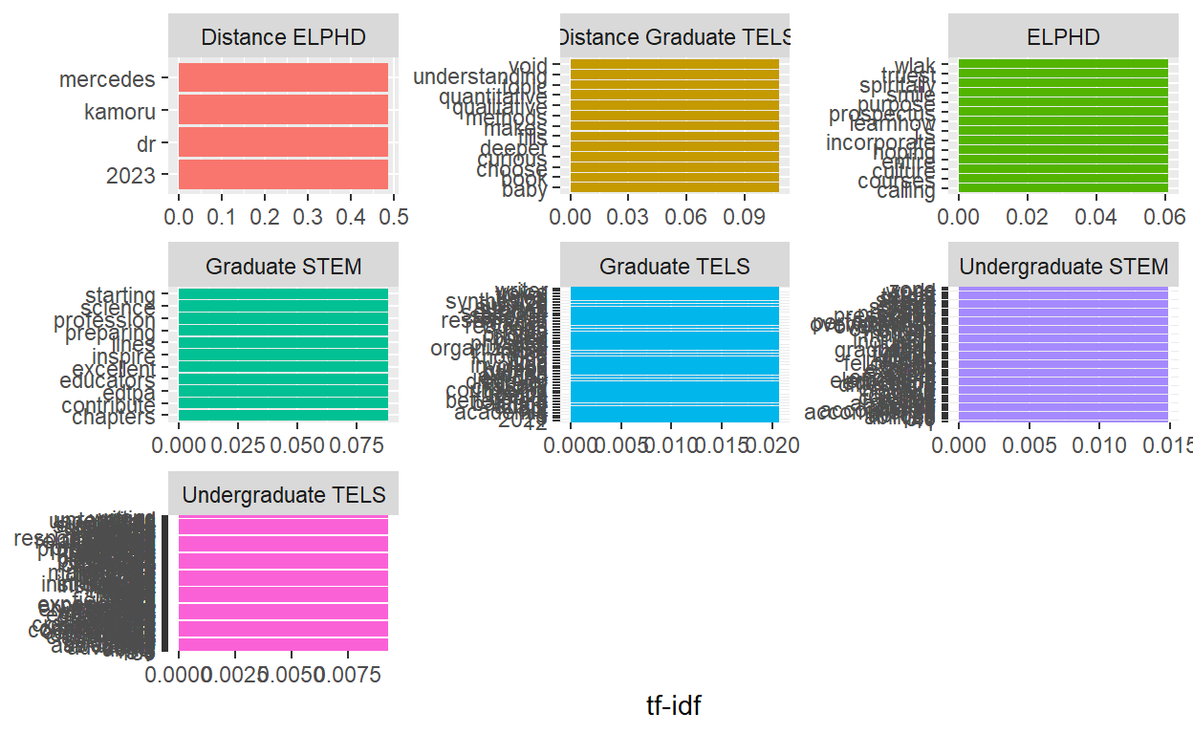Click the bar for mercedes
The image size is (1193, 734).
[283, 77]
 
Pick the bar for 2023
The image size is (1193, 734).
[283, 174]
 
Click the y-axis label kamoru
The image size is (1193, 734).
[119, 112]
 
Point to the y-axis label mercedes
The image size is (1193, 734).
[107, 79]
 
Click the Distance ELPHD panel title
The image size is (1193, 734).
[284, 37]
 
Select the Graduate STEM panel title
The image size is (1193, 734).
[284, 266]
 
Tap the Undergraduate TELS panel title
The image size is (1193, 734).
[284, 494]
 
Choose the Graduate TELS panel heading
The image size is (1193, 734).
[674, 266]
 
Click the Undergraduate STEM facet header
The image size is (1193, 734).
[1063, 266]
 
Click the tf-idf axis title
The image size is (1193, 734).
[674, 705]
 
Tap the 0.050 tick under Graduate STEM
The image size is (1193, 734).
[298, 446]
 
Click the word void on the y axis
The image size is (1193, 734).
[528, 66]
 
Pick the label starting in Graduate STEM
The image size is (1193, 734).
[119, 295]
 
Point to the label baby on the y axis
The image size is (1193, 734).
[525, 189]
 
